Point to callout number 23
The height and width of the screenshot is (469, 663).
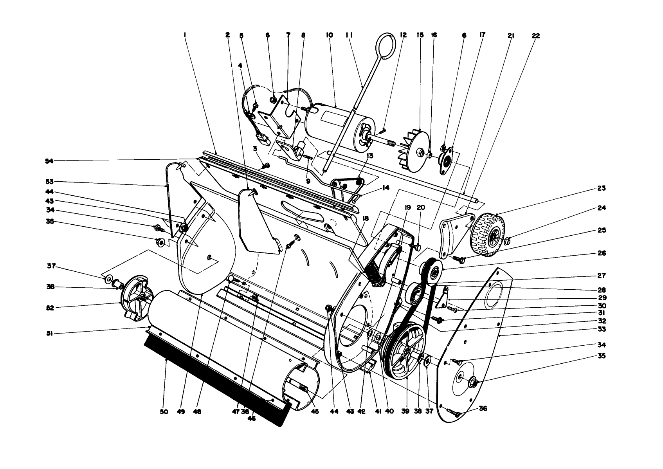[x=602, y=188]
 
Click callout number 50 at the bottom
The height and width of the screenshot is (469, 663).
[x=164, y=412]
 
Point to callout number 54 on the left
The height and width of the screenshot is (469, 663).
[x=50, y=161]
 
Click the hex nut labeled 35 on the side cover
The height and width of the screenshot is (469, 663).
[x=473, y=380]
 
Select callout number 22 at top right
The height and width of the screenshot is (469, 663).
[x=536, y=36]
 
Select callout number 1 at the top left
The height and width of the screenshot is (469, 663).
[x=184, y=35]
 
